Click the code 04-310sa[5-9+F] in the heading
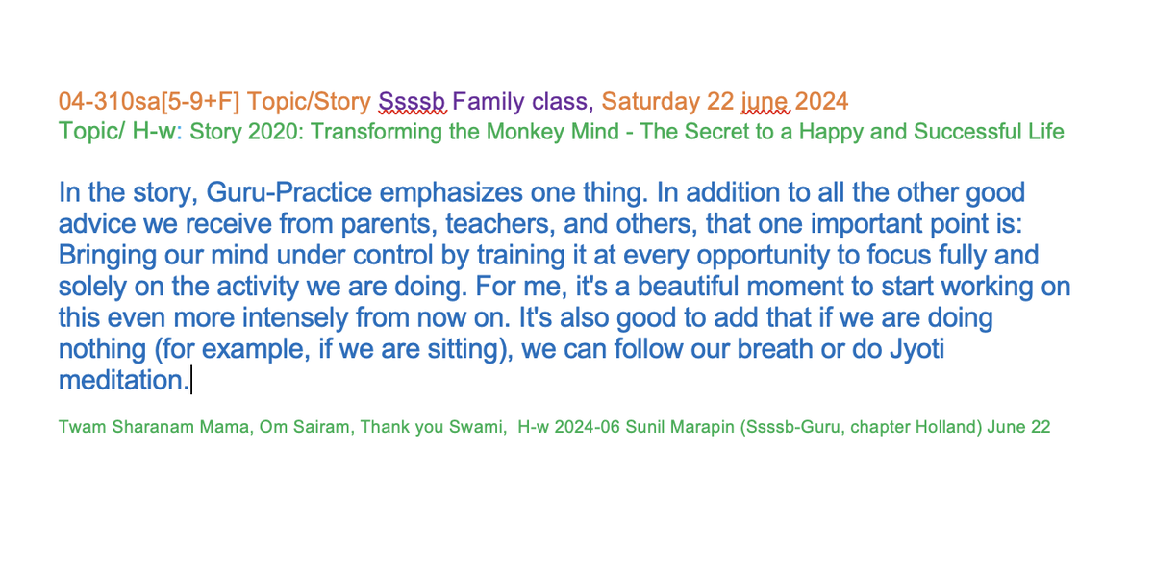click(149, 102)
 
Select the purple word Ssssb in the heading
click(413, 102)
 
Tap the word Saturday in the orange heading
click(651, 102)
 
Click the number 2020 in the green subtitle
click(271, 132)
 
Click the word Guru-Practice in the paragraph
click(289, 192)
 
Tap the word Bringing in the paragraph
click(108, 256)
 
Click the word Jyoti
click(916, 349)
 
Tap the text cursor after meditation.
click(191, 380)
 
